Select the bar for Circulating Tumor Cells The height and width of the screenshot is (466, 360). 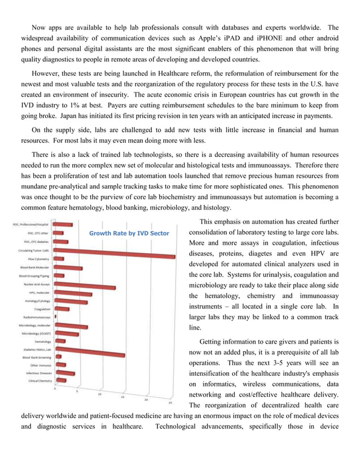113,249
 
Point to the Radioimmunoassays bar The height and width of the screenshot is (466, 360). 56,318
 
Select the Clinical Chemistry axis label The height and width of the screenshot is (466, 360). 39,380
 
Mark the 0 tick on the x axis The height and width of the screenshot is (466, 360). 55,389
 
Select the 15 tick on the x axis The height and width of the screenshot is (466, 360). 122,397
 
